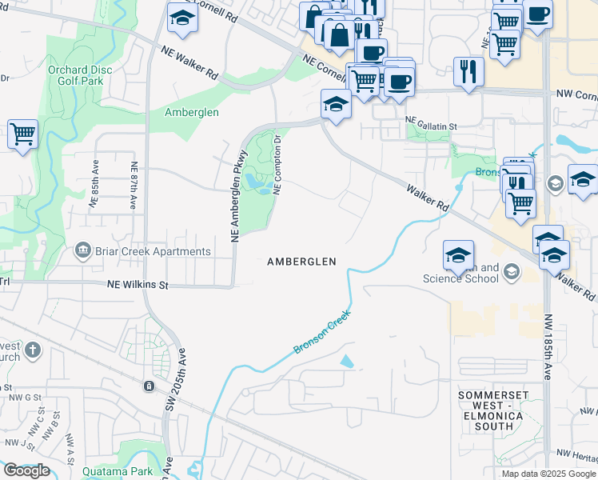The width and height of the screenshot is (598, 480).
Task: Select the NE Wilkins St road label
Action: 138,284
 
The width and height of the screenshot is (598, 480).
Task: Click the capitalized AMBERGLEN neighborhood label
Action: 301,262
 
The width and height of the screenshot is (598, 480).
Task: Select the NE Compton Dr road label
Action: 277,164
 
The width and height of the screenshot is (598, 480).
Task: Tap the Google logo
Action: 26,470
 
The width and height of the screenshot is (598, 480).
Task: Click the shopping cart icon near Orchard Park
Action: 22,134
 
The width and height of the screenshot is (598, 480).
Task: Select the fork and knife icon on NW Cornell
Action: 468,70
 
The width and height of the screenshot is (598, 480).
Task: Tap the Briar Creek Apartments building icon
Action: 82,251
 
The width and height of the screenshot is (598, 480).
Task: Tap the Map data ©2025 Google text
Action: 548,474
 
